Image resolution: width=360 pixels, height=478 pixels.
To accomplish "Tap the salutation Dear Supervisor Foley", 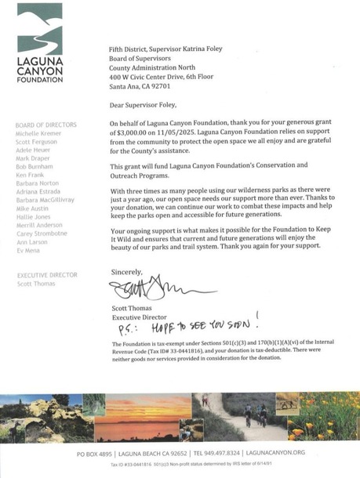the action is [148, 103].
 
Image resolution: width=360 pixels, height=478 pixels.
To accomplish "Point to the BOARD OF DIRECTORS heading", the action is [45, 125].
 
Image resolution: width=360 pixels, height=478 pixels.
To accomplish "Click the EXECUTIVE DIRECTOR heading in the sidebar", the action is [47, 275].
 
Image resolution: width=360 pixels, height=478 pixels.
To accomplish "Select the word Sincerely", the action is [125, 273].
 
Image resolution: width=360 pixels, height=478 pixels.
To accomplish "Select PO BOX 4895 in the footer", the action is [98, 454].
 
